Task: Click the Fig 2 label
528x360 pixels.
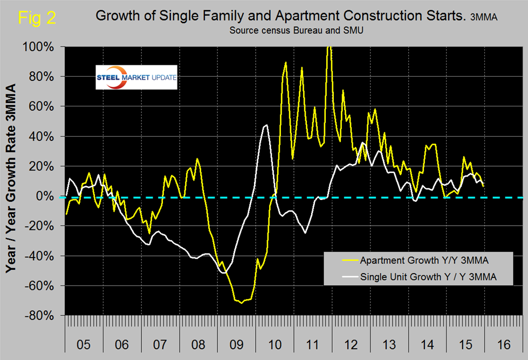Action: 36,18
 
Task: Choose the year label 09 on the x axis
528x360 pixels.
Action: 236,343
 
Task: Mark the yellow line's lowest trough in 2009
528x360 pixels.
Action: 241,303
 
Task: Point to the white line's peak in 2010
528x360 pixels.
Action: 266,125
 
